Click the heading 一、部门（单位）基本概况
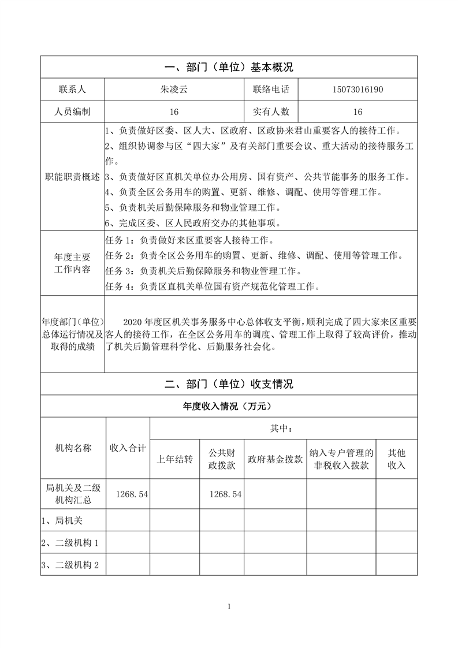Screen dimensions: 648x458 coord(229,67)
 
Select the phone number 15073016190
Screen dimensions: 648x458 coord(358,90)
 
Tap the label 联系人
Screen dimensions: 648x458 coord(72,90)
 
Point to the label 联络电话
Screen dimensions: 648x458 coord(271,90)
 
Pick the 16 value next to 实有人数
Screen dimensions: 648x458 coord(358,112)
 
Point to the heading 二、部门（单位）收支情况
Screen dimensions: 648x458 coord(229,384)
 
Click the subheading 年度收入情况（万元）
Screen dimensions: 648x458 coord(229,407)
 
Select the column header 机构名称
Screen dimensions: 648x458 coord(73,448)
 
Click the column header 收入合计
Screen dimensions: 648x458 coord(128,448)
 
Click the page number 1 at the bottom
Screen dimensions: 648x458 coord(229,606)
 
